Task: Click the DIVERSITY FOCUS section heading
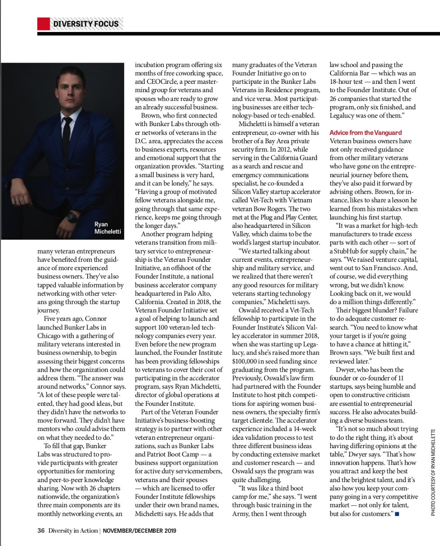tap(86, 24)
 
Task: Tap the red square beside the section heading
tap(43, 24)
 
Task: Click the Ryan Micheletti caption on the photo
tap(108, 228)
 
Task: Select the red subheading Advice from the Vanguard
tap(365, 132)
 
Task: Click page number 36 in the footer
tap(41, 530)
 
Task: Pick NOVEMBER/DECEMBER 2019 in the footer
tap(139, 530)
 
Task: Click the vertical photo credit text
tap(433, 473)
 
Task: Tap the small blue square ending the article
tap(397, 514)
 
